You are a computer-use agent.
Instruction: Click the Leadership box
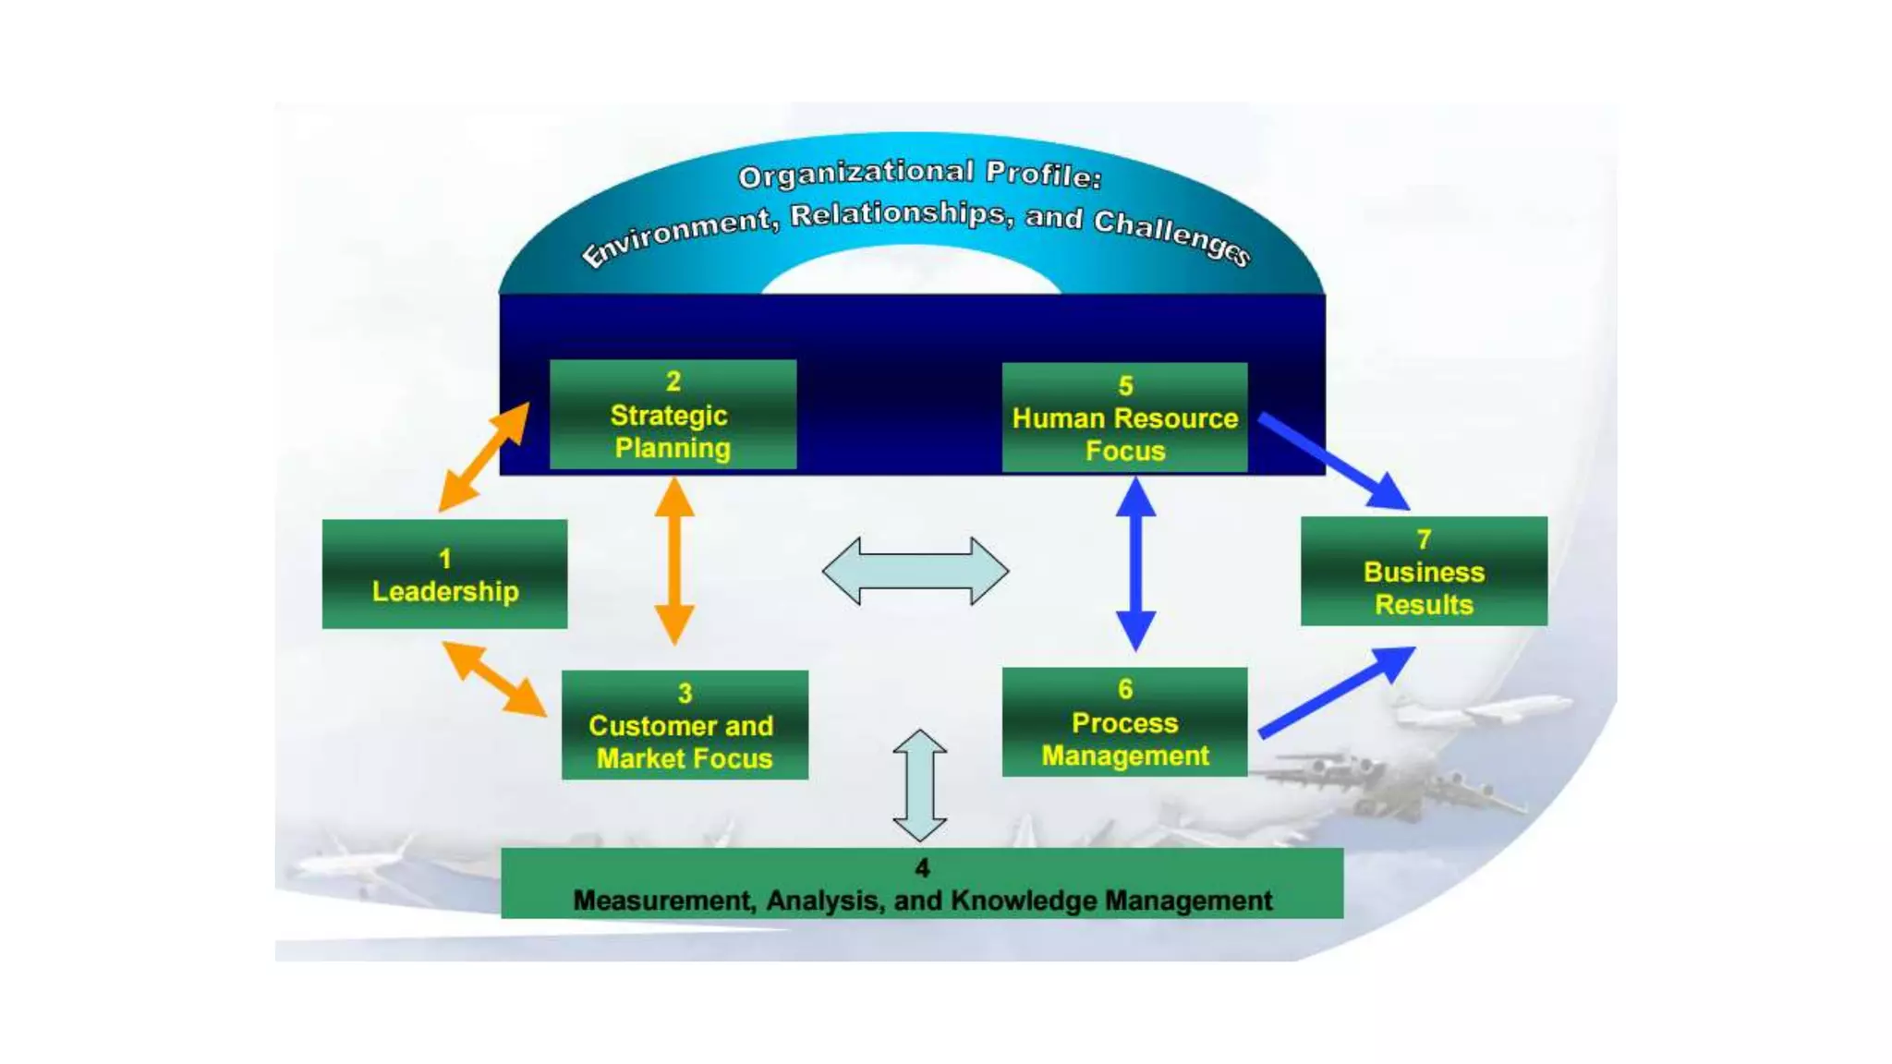pyautogui.click(x=444, y=574)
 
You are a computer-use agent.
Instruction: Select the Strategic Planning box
pyautogui.click(x=673, y=415)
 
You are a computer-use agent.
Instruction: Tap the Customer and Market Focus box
pyautogui.click(x=685, y=725)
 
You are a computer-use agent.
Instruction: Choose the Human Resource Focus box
pyautogui.click(x=1124, y=417)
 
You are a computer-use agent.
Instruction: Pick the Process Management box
pyautogui.click(x=1124, y=722)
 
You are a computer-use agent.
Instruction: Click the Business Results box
pyautogui.click(x=1424, y=572)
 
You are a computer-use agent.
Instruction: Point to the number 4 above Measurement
pyautogui.click(x=922, y=868)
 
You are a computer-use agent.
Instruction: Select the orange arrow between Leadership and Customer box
pyautogui.click(x=494, y=679)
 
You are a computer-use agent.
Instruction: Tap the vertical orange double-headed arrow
pyautogui.click(x=674, y=561)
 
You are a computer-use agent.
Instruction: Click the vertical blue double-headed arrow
pyautogui.click(x=1135, y=563)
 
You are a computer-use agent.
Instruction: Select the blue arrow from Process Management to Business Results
pyautogui.click(x=1336, y=693)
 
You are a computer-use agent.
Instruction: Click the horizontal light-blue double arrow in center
pyautogui.click(x=915, y=572)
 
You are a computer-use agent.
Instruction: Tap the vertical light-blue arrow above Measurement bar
pyautogui.click(x=919, y=786)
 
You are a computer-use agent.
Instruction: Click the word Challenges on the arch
pyautogui.click(x=1171, y=236)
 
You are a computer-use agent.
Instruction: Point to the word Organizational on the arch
pyautogui.click(x=855, y=174)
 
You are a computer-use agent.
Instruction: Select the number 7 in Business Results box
pyautogui.click(x=1424, y=539)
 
